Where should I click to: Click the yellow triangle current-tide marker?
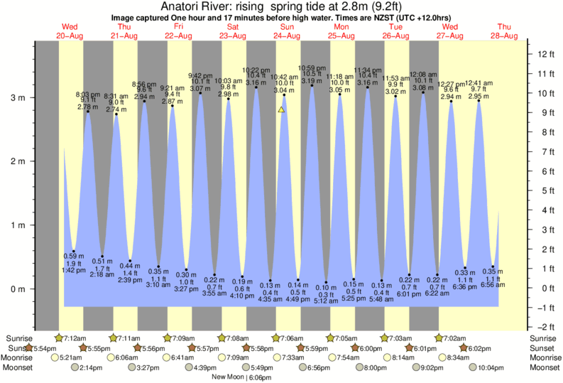(282, 109)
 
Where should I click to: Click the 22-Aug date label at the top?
(179, 36)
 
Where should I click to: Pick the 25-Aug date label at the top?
(341, 36)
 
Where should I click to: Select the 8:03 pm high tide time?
(88, 94)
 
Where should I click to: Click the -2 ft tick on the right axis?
(543, 327)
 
